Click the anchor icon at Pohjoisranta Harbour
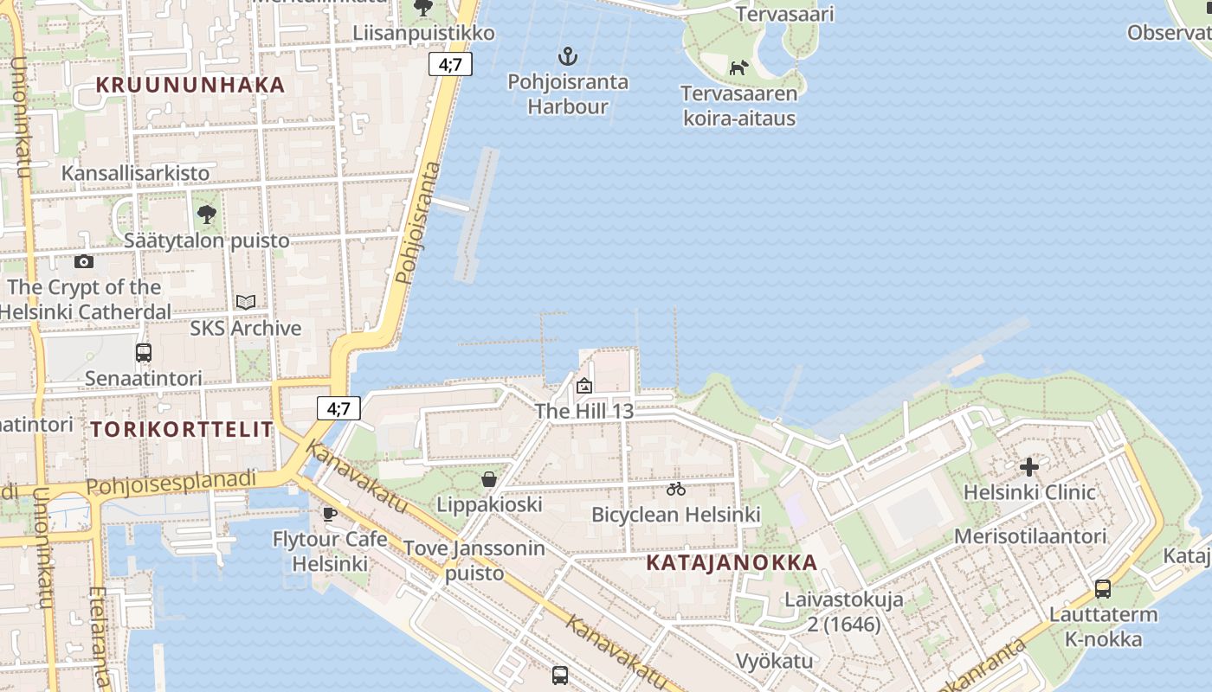coord(567,57)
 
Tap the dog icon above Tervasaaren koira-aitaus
coord(738,67)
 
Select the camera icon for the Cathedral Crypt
coord(84,261)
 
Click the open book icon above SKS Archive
coord(246,302)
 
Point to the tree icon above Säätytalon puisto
coord(206,214)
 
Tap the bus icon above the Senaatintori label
coord(144,353)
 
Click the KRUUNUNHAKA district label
coord(190,85)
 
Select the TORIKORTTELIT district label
coord(182,429)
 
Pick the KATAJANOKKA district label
coord(732,562)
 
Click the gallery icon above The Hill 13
coord(584,386)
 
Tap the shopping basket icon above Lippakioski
coord(489,479)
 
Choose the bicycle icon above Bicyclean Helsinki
coord(676,490)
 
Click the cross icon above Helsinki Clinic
coord(1029,467)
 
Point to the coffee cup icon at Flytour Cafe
coord(330,514)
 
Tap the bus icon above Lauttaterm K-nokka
coord(1102,589)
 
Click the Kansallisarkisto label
coord(135,173)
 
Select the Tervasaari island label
coord(785,14)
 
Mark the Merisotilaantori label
coord(1030,536)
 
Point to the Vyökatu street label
coord(774,662)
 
